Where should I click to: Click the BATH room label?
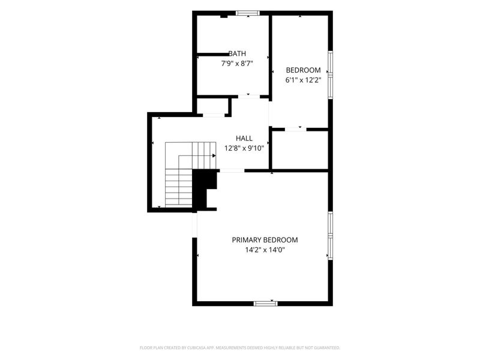pyautogui.click(x=237, y=53)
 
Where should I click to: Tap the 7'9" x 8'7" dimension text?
pyautogui.click(x=237, y=64)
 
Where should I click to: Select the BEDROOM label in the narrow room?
pyautogui.click(x=304, y=70)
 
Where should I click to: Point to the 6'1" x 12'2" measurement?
pyautogui.click(x=304, y=80)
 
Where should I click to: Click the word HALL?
pyautogui.click(x=244, y=139)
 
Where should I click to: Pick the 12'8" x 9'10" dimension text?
pyautogui.click(x=244, y=148)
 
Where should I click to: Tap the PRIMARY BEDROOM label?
pyautogui.click(x=265, y=240)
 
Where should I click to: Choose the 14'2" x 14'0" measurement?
pyautogui.click(x=265, y=250)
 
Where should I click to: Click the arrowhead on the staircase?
pyautogui.click(x=214, y=156)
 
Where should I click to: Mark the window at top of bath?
pyautogui.click(x=248, y=13)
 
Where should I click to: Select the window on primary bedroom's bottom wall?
pyautogui.click(x=266, y=304)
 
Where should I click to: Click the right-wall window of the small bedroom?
pyautogui.click(x=331, y=74)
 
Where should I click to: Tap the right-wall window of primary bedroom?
pyautogui.click(x=331, y=236)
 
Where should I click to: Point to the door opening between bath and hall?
pyautogui.click(x=249, y=97)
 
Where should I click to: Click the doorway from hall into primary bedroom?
pyautogui.click(x=232, y=170)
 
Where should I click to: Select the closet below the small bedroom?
pyautogui.click(x=300, y=150)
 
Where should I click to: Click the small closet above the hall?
pyautogui.click(x=212, y=106)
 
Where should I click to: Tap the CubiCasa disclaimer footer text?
pyautogui.click(x=240, y=348)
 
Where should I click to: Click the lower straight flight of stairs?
pyautogui.click(x=179, y=187)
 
